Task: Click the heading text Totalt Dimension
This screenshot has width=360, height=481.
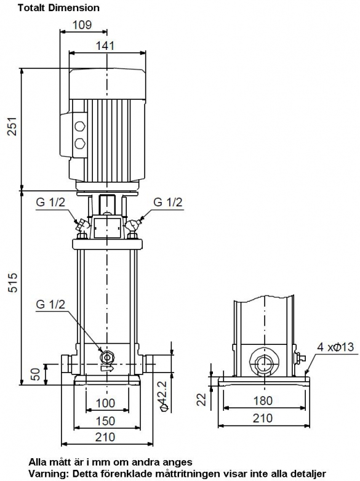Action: (58, 7)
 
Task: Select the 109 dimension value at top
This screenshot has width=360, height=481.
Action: (82, 25)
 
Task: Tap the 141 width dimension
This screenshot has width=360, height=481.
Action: (105, 46)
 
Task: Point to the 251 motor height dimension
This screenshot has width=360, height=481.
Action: (12, 126)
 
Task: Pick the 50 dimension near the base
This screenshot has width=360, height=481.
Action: (36, 374)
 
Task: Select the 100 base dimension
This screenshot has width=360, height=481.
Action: (105, 403)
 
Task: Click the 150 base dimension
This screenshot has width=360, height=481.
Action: (105, 421)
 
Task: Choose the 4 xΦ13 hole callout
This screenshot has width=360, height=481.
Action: (335, 347)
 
